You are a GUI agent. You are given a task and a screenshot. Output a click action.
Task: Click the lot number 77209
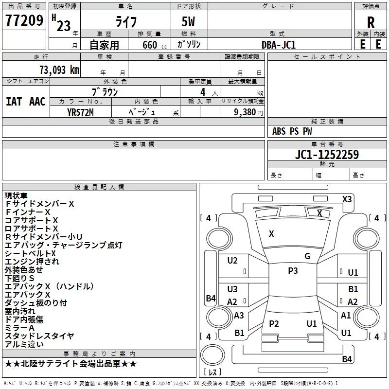coord(24,20)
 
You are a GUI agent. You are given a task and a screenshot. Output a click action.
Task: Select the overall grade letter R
coord(371,22)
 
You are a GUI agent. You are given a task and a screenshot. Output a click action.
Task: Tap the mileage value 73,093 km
coord(59,70)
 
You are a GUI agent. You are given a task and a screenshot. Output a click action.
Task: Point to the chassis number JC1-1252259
coord(327,154)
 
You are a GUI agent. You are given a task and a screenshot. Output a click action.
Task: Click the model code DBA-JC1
coord(279,45)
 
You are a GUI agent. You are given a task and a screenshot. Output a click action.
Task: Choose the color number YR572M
coord(80,112)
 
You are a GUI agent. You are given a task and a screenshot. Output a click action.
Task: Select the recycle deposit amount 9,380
coord(245,112)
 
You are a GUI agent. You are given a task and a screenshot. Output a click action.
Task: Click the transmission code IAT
coord(14,102)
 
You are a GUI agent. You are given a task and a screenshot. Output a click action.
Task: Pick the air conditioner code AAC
coord(37,102)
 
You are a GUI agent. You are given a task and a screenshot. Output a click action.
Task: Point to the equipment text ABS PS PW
coord(292,131)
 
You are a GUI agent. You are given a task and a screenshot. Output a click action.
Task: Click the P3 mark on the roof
coord(293,271)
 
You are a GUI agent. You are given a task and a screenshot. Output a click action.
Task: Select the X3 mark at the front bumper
coord(347,199)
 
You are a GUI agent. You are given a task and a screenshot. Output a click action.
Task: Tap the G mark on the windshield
coord(307,256)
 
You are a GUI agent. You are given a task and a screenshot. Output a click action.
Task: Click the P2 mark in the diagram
coord(274,323)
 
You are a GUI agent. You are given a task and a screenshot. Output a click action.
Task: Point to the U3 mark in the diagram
coord(232,289)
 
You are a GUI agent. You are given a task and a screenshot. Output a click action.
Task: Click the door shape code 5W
coord(188,21)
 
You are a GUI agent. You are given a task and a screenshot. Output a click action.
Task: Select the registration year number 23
coord(64,26)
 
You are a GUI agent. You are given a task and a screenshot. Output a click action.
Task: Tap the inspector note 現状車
coord(16,195)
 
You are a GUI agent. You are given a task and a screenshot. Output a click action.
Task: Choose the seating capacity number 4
coord(203,92)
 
